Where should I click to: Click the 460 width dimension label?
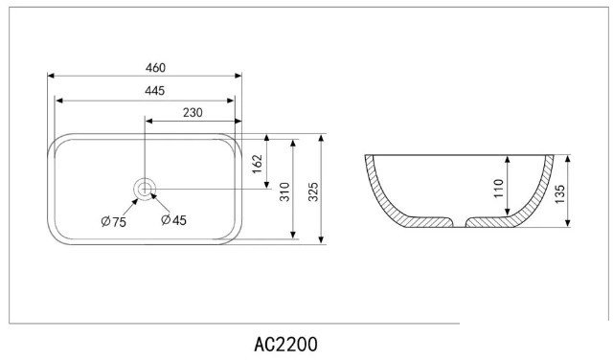pos(155,68)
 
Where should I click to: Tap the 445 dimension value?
pos(155,91)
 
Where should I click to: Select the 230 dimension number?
pos(193,113)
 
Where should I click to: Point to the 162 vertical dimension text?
pos(257,165)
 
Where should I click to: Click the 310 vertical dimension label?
pos(285,191)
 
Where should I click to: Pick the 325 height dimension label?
pos(313,191)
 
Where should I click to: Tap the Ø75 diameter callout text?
pos(113,221)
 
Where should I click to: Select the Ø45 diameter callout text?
pos(174,220)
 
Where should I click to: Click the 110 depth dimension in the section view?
pos(498,189)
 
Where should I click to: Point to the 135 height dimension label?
pos(559,193)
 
